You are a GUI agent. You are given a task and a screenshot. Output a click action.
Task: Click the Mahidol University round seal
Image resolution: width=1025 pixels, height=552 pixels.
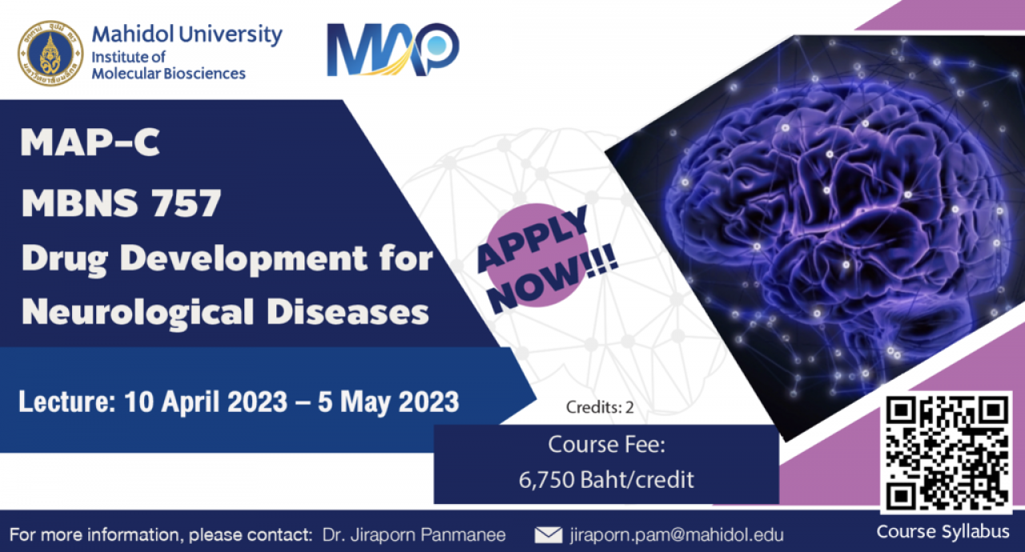point(50,53)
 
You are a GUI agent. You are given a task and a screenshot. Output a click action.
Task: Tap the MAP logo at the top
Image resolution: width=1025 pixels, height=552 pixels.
point(393,50)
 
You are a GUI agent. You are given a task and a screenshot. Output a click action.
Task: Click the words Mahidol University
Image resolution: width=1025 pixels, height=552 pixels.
point(187,34)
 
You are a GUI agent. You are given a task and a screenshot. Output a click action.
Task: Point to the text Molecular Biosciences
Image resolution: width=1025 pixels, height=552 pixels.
point(168,73)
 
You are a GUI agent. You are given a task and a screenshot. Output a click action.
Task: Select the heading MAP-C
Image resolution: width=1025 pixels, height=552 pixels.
point(90,143)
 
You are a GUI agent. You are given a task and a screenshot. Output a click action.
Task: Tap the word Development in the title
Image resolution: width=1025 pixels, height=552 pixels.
point(244,260)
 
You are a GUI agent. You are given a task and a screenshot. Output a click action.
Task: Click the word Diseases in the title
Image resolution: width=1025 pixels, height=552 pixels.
point(348,312)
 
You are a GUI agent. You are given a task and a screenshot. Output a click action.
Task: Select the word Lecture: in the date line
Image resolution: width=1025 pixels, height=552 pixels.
point(67,401)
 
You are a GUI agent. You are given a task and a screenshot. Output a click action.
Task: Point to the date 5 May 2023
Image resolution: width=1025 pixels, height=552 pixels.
point(388,402)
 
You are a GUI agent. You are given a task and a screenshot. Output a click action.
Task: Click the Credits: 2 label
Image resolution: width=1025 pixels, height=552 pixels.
point(600,407)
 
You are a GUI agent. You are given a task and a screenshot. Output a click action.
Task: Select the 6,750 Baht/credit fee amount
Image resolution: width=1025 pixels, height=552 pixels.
point(606,480)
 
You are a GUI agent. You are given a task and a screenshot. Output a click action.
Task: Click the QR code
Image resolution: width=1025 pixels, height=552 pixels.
point(947,453)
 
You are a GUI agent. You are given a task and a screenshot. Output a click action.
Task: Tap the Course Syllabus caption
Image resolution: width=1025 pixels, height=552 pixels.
point(943,532)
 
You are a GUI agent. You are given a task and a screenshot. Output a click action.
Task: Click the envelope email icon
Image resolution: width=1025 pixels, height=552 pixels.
point(549,535)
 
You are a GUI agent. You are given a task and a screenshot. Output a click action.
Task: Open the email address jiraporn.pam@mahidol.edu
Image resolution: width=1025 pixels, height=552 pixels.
point(677,534)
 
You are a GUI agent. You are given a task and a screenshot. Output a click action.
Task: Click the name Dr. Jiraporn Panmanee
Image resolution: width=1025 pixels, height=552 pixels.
point(414,534)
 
